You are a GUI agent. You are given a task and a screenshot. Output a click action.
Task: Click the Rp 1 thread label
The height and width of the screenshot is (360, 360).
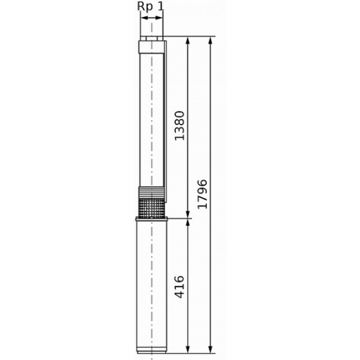(x=151, y=6)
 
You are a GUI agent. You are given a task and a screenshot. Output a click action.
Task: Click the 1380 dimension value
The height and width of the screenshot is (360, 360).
(x=179, y=126)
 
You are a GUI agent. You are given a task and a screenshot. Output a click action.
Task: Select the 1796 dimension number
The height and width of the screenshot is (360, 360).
(x=202, y=194)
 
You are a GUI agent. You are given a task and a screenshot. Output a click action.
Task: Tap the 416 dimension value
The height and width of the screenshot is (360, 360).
(x=179, y=287)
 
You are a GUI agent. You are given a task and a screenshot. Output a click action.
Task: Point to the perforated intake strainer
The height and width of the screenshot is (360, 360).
(x=152, y=208)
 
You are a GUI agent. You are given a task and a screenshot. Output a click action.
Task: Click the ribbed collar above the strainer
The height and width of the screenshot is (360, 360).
(x=152, y=193)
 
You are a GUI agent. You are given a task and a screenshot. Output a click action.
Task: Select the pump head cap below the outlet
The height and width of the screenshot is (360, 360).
(x=152, y=47)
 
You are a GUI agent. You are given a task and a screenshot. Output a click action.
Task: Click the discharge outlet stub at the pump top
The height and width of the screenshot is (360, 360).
(x=152, y=38)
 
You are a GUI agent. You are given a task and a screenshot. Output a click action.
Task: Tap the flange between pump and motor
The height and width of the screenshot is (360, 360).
(x=152, y=219)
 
